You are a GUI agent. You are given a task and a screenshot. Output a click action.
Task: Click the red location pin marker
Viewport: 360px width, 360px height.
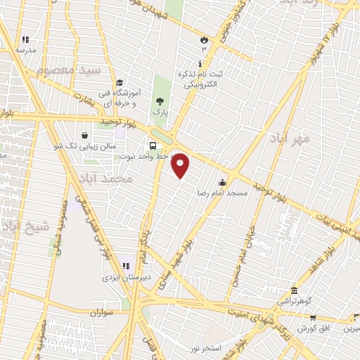coord(181,165)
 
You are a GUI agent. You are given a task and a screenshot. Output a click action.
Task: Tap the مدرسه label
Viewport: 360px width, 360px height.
coord(26,51)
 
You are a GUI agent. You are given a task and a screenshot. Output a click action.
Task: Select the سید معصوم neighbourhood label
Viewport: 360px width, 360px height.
coord(70,72)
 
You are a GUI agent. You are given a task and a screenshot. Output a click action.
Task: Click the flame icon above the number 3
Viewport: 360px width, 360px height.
coord(205,39)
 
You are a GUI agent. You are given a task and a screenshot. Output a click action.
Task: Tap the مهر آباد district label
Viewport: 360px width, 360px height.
coord(289,139)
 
